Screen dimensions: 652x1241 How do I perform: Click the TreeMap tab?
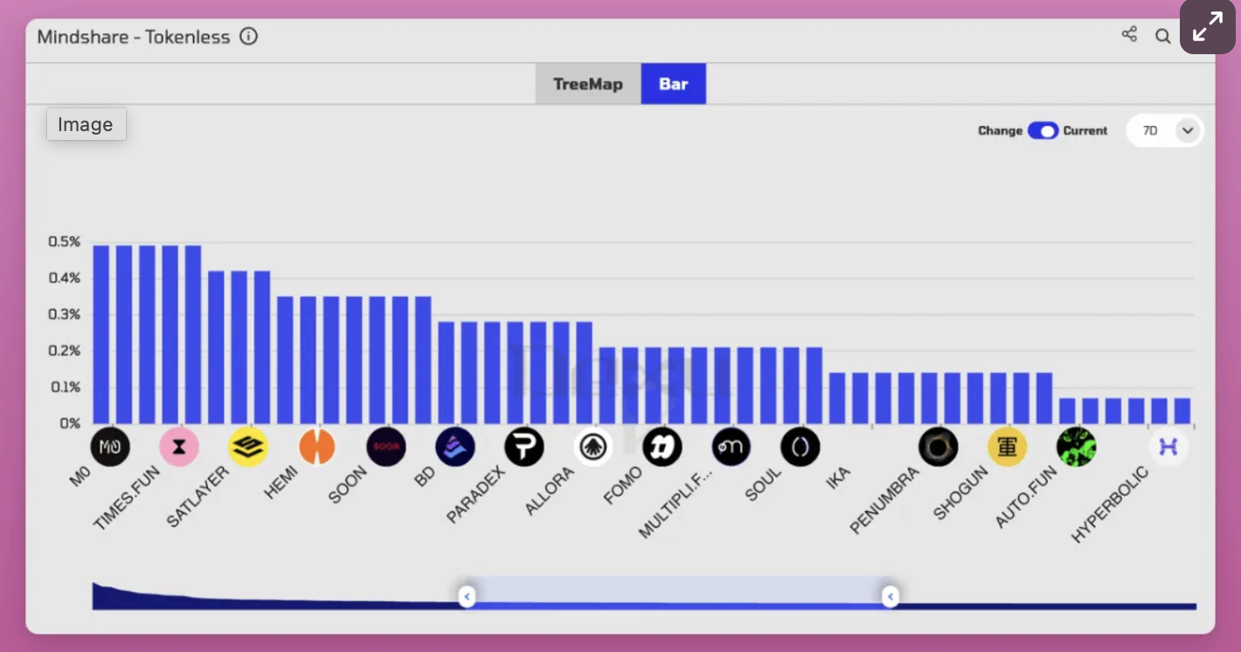pyautogui.click(x=588, y=84)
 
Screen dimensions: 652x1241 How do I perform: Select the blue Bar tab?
pyautogui.click(x=673, y=84)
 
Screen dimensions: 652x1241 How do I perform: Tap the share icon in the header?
pyautogui.click(x=1129, y=35)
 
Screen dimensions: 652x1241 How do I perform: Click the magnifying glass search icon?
pyautogui.click(x=1162, y=36)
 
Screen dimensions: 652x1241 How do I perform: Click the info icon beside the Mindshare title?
pyautogui.click(x=249, y=37)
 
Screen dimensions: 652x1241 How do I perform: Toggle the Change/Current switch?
pyautogui.click(x=1043, y=130)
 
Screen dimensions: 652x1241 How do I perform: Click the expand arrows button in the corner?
pyautogui.click(x=1207, y=28)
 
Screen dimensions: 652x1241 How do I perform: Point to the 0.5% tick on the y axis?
pyautogui.click(x=64, y=241)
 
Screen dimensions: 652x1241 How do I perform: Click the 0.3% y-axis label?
pyautogui.click(x=64, y=314)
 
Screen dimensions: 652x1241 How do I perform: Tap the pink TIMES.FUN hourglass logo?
pyautogui.click(x=179, y=447)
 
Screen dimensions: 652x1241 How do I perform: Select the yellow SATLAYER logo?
pyautogui.click(x=248, y=447)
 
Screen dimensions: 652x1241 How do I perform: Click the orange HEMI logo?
pyautogui.click(x=316, y=447)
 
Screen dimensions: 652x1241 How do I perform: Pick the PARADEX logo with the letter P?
pyautogui.click(x=524, y=447)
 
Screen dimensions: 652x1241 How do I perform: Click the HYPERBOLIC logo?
pyautogui.click(x=1168, y=447)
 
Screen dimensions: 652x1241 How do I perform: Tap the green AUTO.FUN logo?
pyautogui.click(x=1076, y=447)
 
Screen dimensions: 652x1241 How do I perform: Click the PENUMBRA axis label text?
pyautogui.click(x=884, y=500)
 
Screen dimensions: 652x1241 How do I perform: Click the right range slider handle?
pyautogui.click(x=890, y=597)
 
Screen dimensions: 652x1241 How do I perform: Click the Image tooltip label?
pyautogui.click(x=86, y=124)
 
